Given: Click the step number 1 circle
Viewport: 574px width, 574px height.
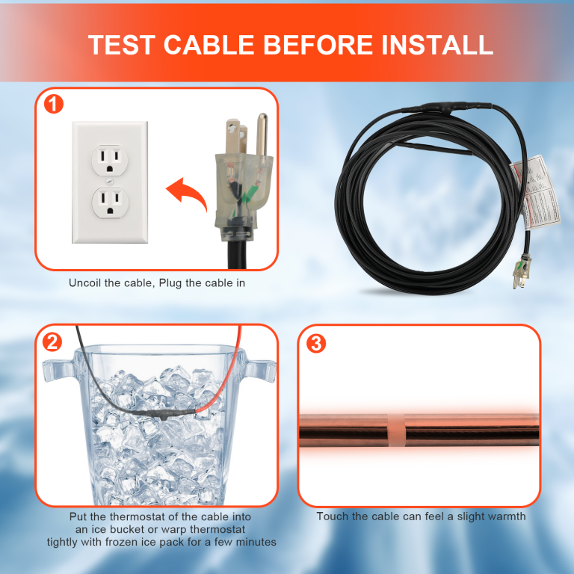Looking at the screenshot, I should (x=53, y=104).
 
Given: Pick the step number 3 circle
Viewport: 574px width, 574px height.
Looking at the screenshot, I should (x=316, y=342).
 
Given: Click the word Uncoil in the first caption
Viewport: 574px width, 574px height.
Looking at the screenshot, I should (x=86, y=283).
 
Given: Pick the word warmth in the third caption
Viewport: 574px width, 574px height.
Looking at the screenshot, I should (x=503, y=516).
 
